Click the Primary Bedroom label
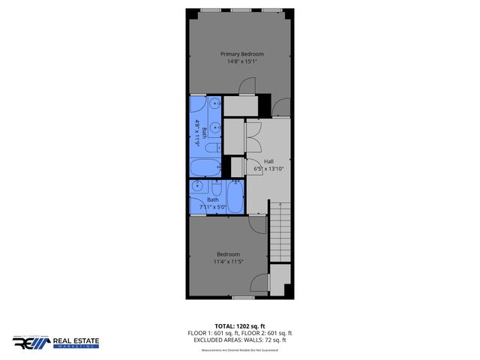coord(241,54)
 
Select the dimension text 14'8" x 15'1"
coord(241,61)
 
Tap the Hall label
coord(268,161)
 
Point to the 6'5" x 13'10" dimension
coord(268,169)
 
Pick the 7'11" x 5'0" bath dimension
coord(213,206)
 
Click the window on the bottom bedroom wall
coord(241,298)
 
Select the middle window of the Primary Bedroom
coord(241,10)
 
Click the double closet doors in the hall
coord(252,136)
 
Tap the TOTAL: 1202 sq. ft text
coord(240,326)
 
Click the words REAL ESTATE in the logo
coord(75,341)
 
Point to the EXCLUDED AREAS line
coord(240,340)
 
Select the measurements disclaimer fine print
coord(240,349)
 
